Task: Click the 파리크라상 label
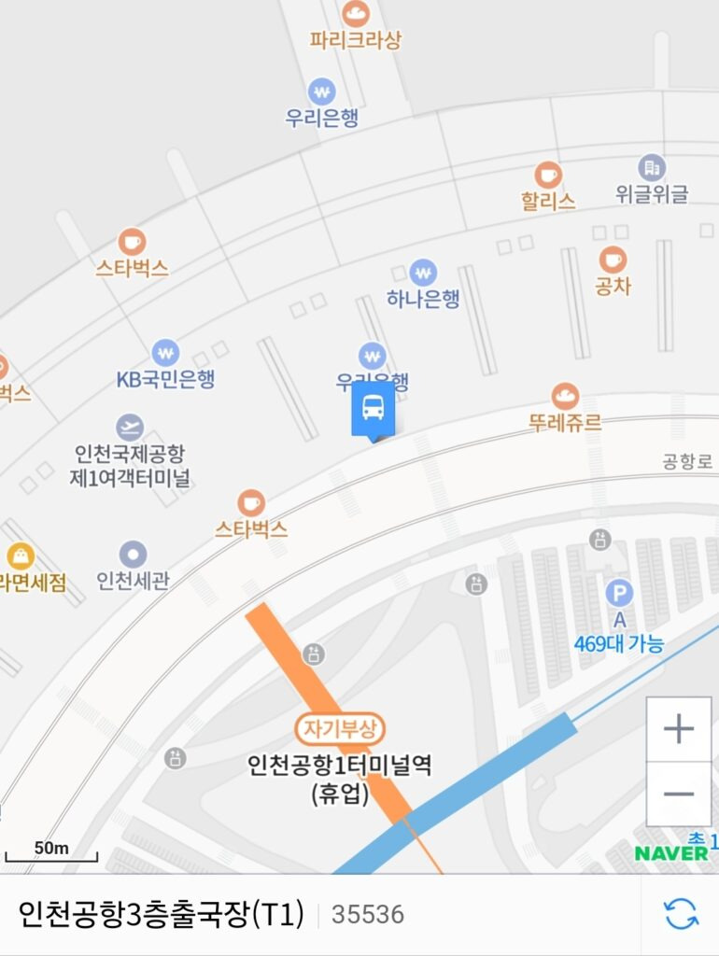click(355, 40)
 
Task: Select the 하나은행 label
click(423, 299)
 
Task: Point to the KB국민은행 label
click(165, 379)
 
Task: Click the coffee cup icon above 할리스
click(548, 175)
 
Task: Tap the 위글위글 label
click(652, 194)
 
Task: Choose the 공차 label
click(613, 286)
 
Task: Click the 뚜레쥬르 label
click(565, 422)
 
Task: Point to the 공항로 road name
click(686, 461)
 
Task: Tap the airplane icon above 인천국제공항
click(130, 428)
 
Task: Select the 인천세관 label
click(133, 581)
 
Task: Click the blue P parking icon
click(618, 592)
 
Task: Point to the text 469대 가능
click(620, 643)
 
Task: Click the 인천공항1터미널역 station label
click(340, 766)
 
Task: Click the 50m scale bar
click(51, 851)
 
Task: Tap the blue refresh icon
click(681, 914)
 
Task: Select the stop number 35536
click(368, 915)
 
